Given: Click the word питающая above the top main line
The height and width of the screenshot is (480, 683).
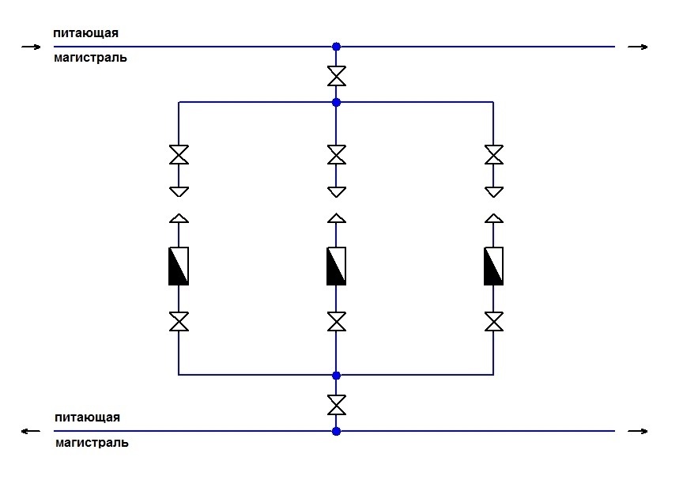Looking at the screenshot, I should point(86,33).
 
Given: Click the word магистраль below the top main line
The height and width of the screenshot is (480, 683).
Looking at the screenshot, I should point(91,58).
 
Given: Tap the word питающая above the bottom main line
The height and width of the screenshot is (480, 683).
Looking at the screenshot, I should point(87,417).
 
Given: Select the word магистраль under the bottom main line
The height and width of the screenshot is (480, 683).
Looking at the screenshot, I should point(92,443).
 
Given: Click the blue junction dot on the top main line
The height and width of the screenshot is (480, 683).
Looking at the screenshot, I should point(336,47).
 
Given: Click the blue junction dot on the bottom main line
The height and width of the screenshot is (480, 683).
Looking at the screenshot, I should point(336,431).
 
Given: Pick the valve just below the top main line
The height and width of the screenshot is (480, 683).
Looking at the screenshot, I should point(336,76).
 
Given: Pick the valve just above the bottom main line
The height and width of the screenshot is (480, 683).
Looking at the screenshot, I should point(336,405).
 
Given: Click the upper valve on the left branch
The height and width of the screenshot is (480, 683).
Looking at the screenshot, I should point(179,154).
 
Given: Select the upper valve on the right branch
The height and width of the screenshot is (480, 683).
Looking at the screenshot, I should point(494,154).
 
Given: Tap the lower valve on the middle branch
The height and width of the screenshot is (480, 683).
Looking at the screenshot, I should point(336,321).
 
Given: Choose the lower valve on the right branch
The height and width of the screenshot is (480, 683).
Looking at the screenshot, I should point(494,321).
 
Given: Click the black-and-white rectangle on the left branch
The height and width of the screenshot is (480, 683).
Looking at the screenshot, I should point(179,266).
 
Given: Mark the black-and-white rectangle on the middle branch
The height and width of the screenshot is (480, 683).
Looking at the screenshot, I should point(336,266).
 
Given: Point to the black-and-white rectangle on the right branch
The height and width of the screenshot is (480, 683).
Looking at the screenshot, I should point(494,266).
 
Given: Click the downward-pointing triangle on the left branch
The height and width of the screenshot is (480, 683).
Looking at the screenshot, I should point(179,191).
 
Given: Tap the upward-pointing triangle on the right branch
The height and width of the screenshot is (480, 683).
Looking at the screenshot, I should point(494,217).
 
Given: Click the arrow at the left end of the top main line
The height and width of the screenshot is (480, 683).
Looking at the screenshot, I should point(31,47).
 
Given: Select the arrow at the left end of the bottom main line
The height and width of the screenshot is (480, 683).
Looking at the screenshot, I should point(31,431).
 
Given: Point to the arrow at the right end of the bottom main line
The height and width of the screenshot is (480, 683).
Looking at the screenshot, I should point(638,431).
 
